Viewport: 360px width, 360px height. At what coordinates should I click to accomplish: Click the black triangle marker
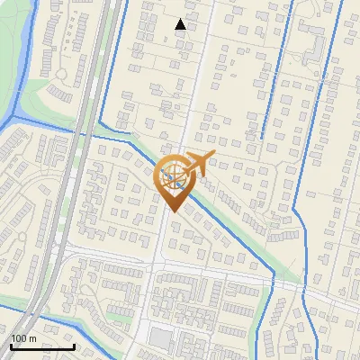click(x=181, y=24)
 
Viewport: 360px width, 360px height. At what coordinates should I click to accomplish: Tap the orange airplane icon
click(x=198, y=165)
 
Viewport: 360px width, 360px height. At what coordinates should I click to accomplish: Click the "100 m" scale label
click(x=23, y=337)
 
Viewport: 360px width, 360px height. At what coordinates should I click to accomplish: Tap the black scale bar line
click(x=42, y=346)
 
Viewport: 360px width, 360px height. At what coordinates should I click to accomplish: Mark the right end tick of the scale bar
click(x=74, y=345)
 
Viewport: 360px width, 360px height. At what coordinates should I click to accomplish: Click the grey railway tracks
click(x=76, y=180)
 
